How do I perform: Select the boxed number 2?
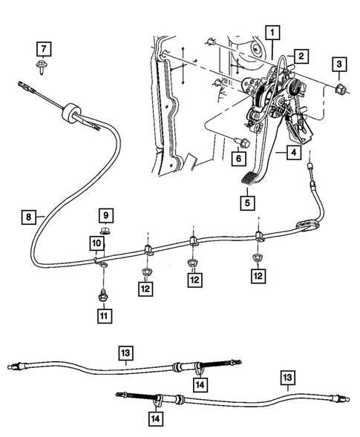tap(301, 56)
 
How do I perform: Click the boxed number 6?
tap(238, 158)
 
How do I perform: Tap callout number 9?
tap(106, 215)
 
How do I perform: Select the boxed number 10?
tap(97, 243)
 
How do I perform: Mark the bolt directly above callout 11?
tap(102, 295)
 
